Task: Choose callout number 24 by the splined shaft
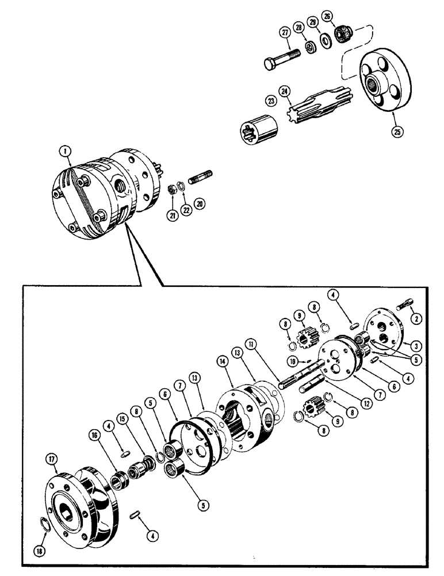click(x=284, y=90)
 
